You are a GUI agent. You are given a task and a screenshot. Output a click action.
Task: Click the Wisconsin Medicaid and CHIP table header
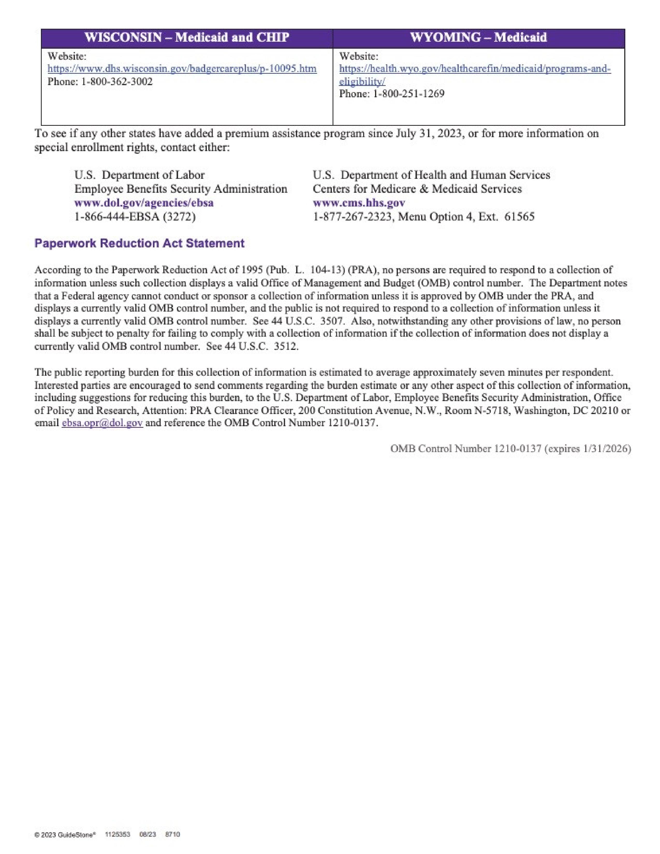(x=187, y=38)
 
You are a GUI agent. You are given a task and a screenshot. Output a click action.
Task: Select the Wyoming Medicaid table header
(x=478, y=38)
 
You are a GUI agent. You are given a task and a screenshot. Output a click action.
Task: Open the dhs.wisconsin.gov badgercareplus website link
(x=182, y=69)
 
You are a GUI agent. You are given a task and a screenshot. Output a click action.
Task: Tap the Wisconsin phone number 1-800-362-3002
(x=116, y=82)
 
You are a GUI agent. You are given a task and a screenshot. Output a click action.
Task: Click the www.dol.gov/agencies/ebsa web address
(x=144, y=203)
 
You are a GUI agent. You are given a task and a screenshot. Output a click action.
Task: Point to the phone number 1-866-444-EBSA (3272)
(x=135, y=217)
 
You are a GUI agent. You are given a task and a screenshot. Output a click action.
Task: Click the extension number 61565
(x=519, y=217)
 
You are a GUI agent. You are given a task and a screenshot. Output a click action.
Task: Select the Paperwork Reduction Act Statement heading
(x=139, y=243)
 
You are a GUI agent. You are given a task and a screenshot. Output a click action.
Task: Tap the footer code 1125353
(x=118, y=834)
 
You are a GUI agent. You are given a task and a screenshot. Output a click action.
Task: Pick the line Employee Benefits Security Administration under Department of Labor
(x=181, y=189)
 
